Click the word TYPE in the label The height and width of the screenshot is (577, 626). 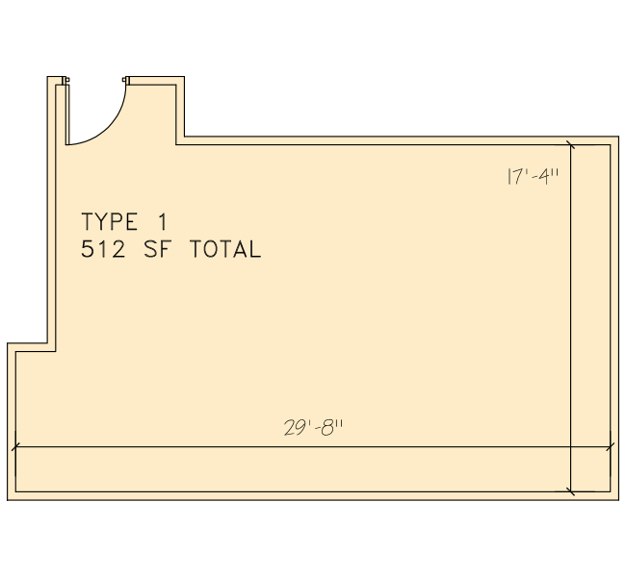point(110,222)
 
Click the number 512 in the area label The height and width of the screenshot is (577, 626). point(103,250)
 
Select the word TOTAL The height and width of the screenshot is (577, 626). point(225,250)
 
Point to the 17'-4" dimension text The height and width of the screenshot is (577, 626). point(533,176)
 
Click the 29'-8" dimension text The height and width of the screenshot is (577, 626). point(313,428)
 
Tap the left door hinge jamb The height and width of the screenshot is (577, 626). point(65,81)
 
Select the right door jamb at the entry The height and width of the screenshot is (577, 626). point(126,81)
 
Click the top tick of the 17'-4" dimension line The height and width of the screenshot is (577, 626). point(571,145)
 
